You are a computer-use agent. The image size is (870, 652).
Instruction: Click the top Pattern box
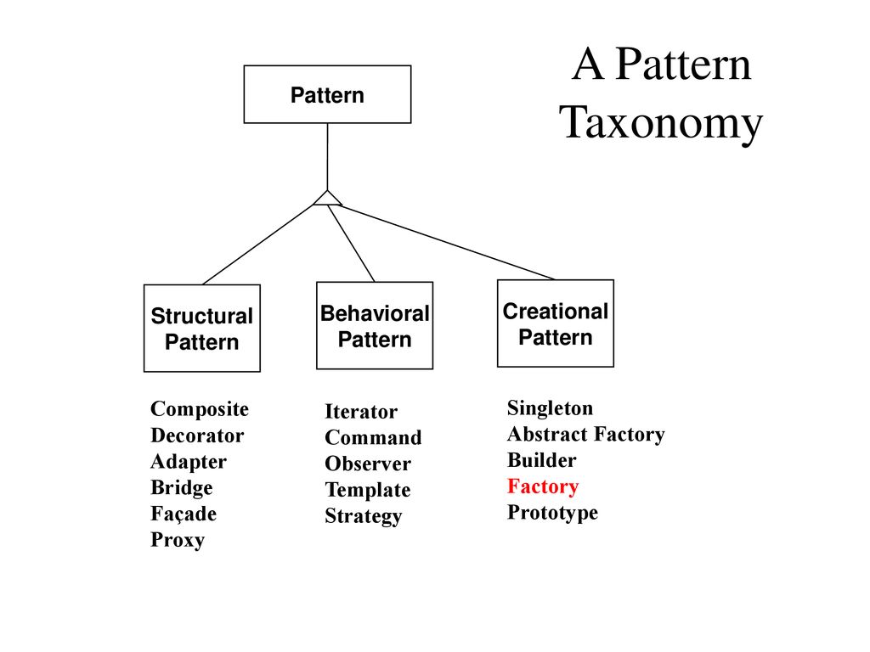(327, 94)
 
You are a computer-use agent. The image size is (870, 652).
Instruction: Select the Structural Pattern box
(202, 329)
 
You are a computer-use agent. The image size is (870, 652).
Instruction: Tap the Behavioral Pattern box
(375, 325)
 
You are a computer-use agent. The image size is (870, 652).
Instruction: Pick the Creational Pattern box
(556, 323)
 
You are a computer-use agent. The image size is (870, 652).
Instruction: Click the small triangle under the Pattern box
(327, 199)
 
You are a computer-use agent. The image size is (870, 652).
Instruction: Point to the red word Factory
(543, 486)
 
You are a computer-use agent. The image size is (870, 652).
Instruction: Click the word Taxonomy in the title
(661, 124)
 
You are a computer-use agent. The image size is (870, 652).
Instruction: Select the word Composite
(200, 409)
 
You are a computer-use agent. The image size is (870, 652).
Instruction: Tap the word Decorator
(197, 436)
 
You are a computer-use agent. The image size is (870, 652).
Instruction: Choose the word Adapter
(189, 462)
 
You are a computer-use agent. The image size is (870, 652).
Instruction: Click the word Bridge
(182, 488)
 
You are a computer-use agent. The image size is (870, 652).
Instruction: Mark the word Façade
(184, 514)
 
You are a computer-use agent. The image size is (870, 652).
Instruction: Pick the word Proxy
(178, 540)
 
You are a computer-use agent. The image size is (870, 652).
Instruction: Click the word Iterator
(361, 412)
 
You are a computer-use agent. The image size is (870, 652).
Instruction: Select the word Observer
(368, 464)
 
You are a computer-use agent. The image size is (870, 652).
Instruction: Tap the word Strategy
(364, 516)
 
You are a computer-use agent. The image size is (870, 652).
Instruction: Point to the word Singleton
(550, 408)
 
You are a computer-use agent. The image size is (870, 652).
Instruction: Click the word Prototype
(552, 513)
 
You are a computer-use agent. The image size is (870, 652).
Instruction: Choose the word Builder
(541, 460)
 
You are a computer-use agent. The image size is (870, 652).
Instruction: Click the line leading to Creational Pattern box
(449, 243)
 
